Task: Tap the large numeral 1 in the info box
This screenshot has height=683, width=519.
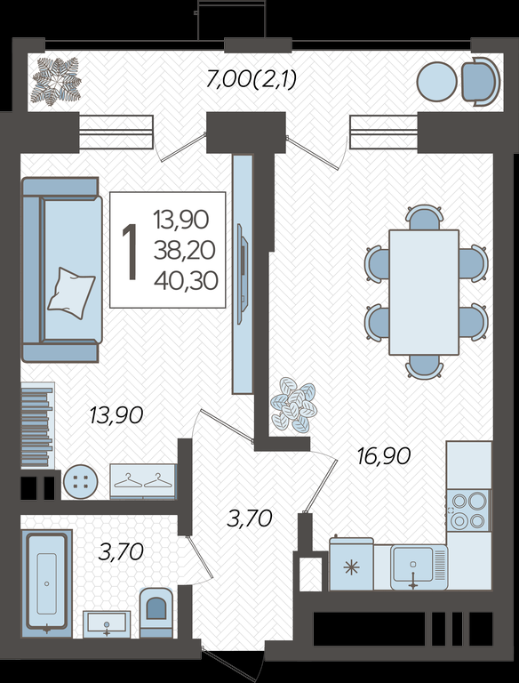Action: coord(130,252)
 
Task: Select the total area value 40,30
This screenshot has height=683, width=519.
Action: coord(186,281)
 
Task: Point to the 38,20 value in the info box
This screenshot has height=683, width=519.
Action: coord(184,251)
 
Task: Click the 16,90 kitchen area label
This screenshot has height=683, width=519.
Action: coord(384,456)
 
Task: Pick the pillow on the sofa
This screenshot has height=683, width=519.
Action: coord(71,293)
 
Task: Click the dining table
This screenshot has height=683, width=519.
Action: coord(424,293)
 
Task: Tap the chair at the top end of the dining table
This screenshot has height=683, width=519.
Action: coord(424,217)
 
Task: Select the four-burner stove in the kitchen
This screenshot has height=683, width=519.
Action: coord(468,510)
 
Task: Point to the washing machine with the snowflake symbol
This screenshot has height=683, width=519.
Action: coord(351,564)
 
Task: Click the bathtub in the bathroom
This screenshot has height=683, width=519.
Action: coord(46,583)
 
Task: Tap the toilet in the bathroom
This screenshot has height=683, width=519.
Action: coord(156,613)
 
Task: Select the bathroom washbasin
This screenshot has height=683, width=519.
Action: coord(107,624)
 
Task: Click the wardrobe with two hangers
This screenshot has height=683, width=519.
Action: coord(143,481)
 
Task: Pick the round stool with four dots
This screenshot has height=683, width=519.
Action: coord(81,482)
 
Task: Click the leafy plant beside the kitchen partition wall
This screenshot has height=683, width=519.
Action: coord(293,406)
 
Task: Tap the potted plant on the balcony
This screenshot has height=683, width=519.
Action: coord(57,82)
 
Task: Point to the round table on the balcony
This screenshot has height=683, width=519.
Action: coord(436,82)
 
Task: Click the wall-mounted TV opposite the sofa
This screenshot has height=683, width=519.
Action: coord(242,274)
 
